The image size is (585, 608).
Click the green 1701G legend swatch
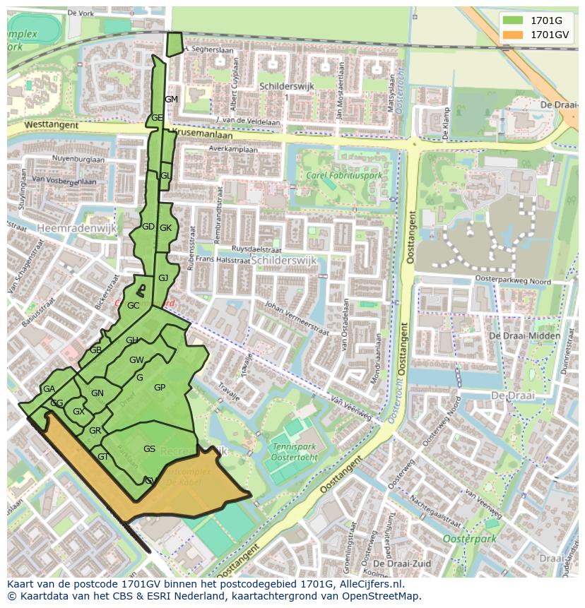coord(512,20)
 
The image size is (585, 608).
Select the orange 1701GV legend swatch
coord(512,35)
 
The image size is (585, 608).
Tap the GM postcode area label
coord(171,100)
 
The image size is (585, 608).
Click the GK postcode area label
coord(166,228)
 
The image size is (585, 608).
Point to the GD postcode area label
coord(148,227)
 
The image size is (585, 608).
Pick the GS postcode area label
coord(149,449)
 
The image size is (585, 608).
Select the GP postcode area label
coord(160,388)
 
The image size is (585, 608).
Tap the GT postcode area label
coord(103,457)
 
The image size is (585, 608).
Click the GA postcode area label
coord(49,389)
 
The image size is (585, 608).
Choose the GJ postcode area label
coord(163,278)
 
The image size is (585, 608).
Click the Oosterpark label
coord(469,539)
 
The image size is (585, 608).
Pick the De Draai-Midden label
coord(525,335)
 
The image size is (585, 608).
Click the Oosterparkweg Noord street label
coord(512,280)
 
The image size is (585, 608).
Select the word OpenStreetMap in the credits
coord(384,596)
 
